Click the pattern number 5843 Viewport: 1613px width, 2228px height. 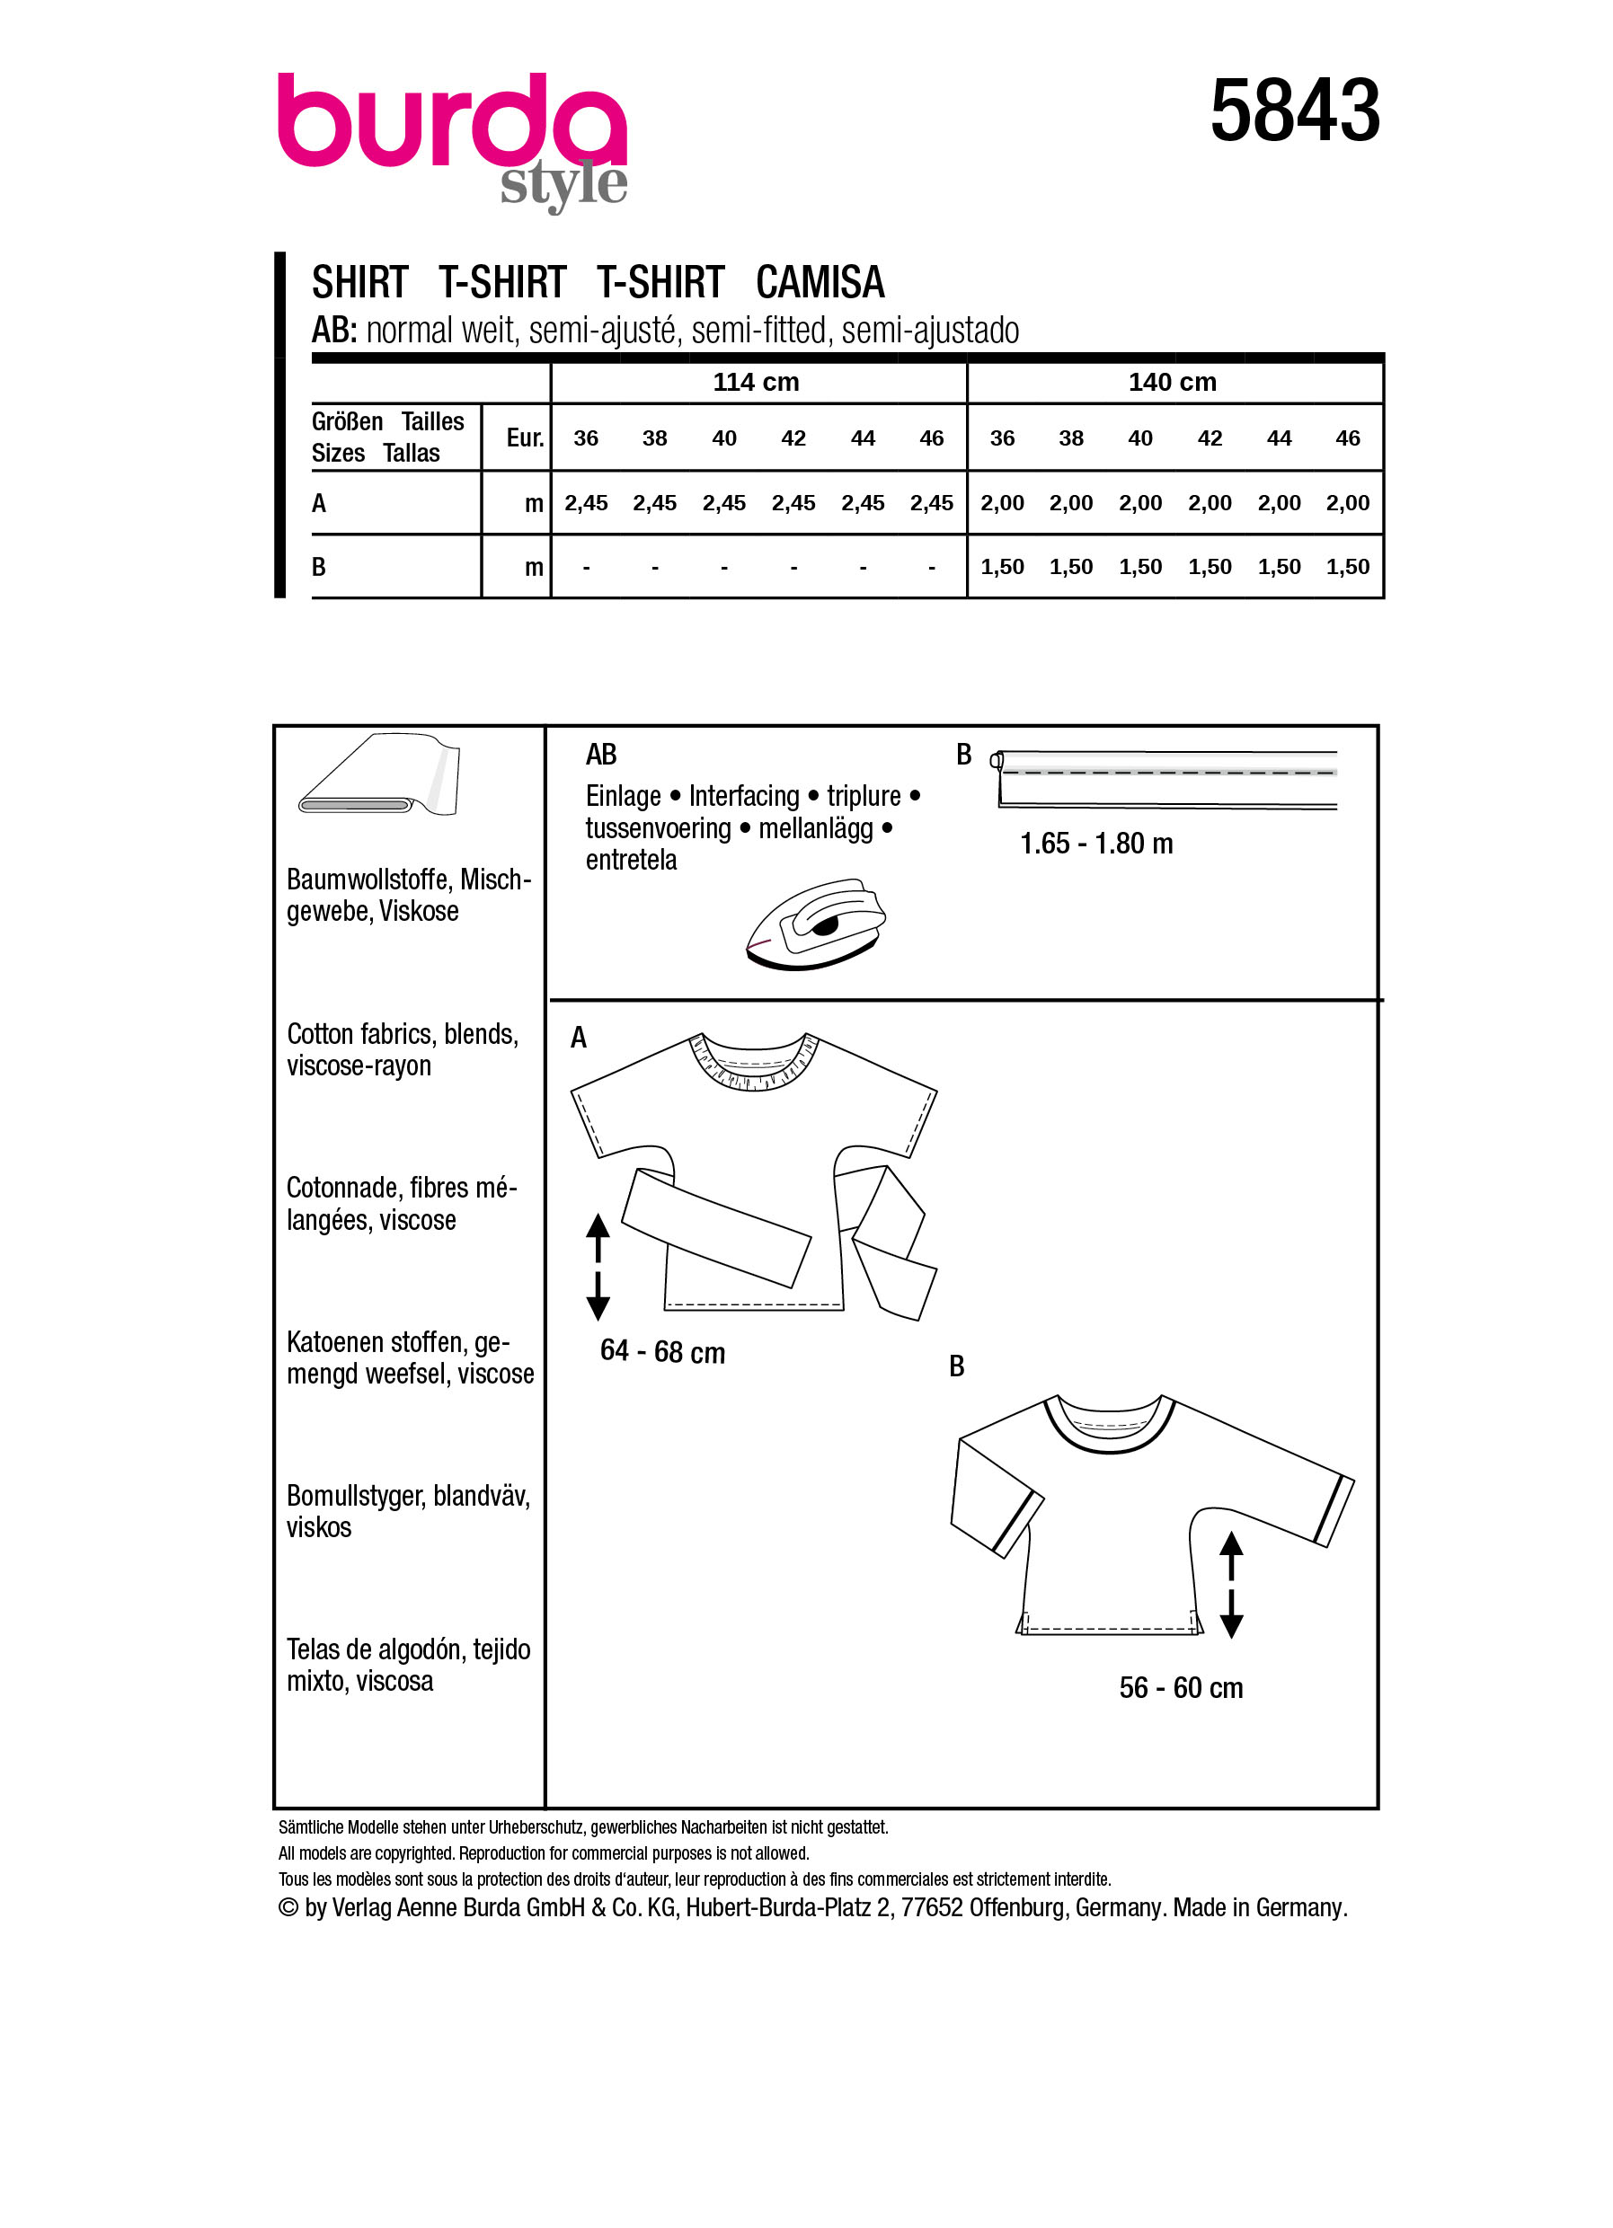(x=1294, y=111)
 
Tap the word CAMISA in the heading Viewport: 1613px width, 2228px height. (x=820, y=283)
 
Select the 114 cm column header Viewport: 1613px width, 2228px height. (x=756, y=382)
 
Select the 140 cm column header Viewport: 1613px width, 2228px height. (x=1172, y=382)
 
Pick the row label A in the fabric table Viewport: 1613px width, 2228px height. (x=319, y=504)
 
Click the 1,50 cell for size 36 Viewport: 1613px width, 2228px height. (x=1002, y=567)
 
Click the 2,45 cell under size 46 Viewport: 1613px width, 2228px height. (x=931, y=503)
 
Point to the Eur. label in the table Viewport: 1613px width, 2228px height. (x=525, y=438)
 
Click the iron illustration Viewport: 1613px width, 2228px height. (x=815, y=924)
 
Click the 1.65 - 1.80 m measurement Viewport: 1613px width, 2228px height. (x=1096, y=844)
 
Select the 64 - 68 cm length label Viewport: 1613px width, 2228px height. (x=662, y=1353)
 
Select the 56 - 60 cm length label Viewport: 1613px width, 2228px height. (x=1181, y=1689)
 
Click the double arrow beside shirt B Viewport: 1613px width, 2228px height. (x=1231, y=1585)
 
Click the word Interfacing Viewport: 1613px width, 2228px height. (x=744, y=796)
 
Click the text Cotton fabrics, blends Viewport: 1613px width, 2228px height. (x=402, y=1034)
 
